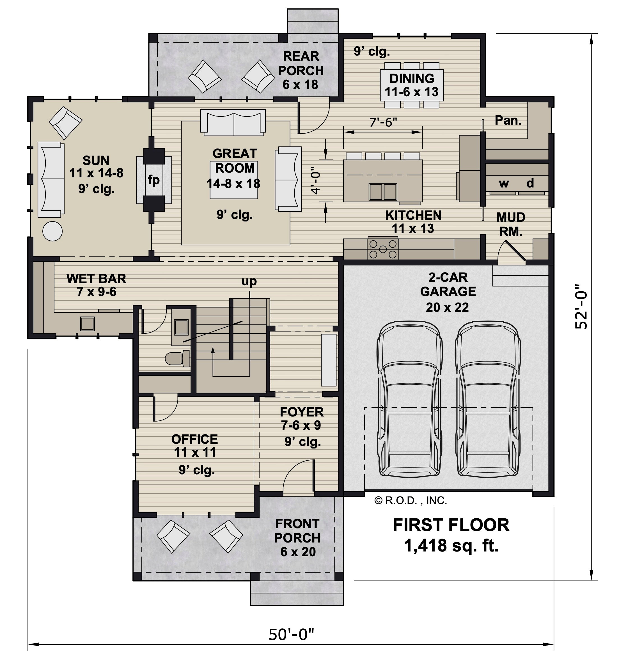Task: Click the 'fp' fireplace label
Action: (154, 180)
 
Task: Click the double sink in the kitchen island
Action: (383, 192)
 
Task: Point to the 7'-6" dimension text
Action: (383, 123)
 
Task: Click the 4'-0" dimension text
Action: (316, 180)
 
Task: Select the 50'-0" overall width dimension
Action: (292, 634)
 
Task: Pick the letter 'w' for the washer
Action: (504, 184)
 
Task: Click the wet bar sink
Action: (88, 324)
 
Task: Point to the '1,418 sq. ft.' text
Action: (451, 545)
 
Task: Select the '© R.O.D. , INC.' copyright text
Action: (411, 500)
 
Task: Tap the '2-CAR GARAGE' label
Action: (448, 284)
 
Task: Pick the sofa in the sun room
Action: (51, 180)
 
